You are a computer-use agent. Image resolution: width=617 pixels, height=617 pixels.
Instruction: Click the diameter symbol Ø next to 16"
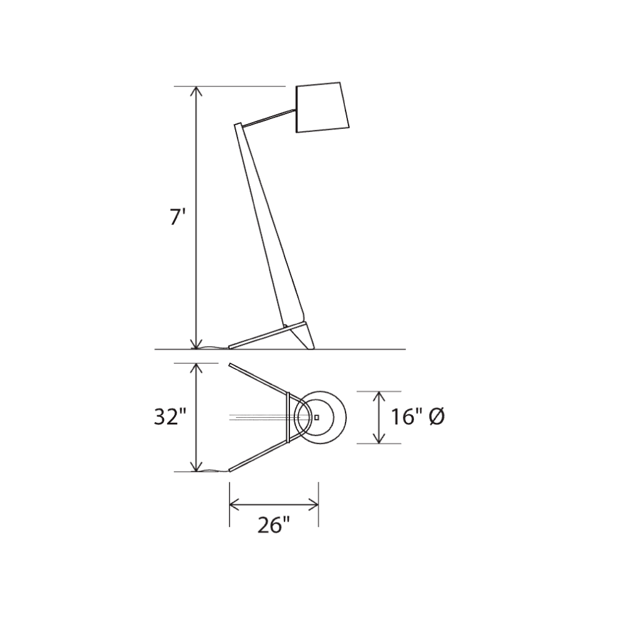(437, 416)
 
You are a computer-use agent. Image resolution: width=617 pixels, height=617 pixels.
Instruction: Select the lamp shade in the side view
(322, 107)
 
